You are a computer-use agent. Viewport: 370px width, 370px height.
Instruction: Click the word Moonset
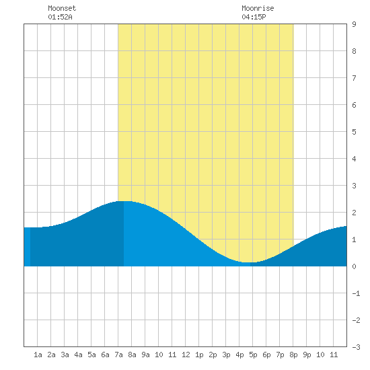point(62,8)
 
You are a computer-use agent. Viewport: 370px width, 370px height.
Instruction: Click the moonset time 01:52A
point(60,17)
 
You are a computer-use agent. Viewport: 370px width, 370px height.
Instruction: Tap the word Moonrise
point(258,8)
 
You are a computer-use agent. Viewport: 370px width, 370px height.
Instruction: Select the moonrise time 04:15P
point(254,17)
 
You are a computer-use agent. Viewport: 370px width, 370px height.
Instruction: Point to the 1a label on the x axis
point(38,355)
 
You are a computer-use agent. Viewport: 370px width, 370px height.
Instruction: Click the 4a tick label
point(78,355)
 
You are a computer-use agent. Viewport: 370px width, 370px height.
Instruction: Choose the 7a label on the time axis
point(118,355)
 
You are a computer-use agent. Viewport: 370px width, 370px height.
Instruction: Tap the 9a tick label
point(145,355)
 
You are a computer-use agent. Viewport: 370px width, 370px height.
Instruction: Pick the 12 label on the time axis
point(186,355)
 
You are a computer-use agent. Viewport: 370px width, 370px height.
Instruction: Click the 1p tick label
point(199,355)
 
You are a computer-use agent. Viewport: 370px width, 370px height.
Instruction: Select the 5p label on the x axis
point(253,355)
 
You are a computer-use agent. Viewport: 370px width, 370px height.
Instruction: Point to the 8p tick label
point(293,355)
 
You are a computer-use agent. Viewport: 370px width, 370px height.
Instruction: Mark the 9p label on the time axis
point(307,355)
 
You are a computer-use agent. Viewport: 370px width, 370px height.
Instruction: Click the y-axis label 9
point(354,24)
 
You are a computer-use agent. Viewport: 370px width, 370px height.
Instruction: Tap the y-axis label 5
point(354,132)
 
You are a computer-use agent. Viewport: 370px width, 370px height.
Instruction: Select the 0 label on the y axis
point(354,266)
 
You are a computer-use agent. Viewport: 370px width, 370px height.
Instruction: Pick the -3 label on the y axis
point(356,347)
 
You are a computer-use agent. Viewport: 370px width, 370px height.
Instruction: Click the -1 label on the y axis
point(356,293)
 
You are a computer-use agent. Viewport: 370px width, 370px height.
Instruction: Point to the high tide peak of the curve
point(124,201)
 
